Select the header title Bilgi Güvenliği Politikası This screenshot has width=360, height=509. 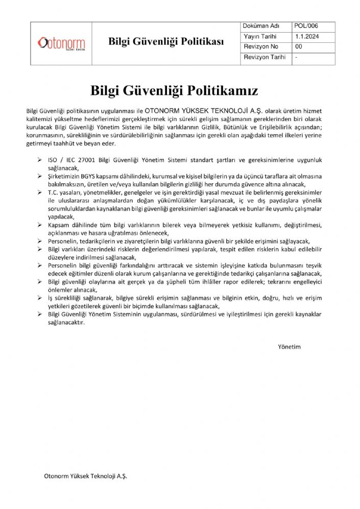pos(166,42)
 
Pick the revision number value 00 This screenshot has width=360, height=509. pos(299,47)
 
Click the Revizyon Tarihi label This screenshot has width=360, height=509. pos(265,57)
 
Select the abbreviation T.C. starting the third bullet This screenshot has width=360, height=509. pos(54,192)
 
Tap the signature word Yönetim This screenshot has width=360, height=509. pos(289,347)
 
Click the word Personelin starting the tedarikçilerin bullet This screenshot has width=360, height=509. pos(65,240)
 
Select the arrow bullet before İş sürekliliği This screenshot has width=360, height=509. pos(40,298)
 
